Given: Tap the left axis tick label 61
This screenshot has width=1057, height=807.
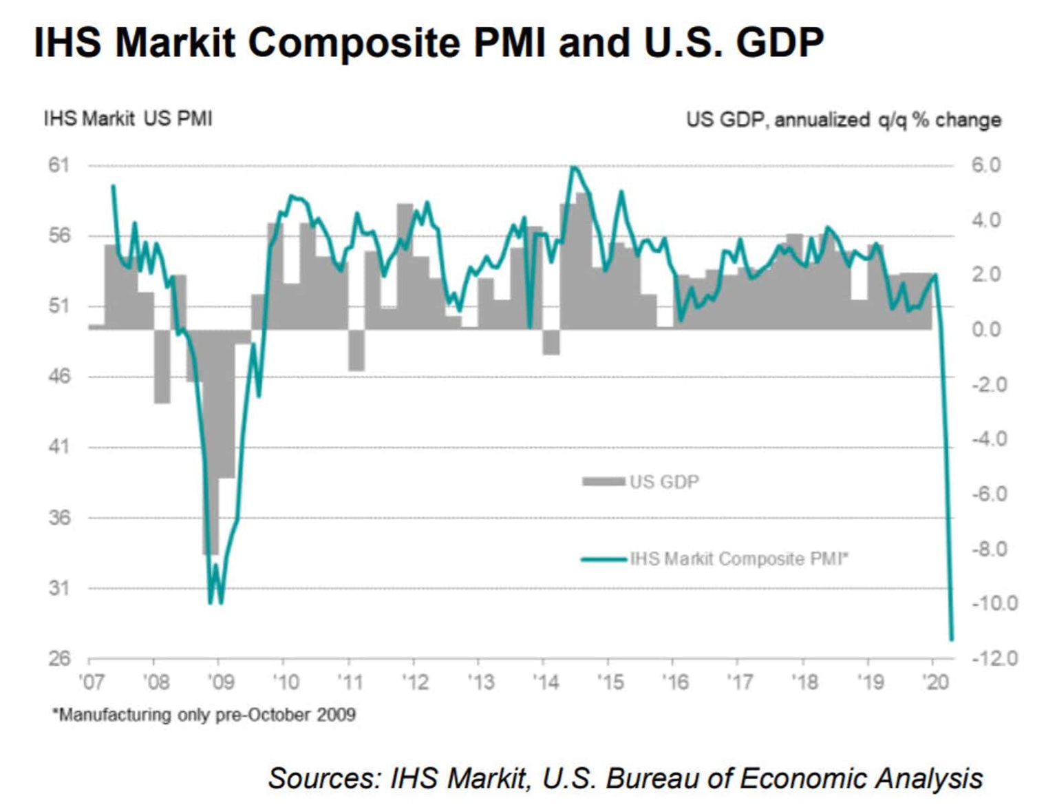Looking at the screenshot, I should click(59, 165).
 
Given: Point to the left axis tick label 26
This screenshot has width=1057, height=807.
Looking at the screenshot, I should click(59, 658).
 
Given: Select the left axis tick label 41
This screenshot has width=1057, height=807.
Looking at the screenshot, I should click(59, 447).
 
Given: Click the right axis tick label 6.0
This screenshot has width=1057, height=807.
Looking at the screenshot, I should click(985, 165).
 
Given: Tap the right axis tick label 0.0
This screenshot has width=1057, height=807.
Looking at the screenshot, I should click(986, 329).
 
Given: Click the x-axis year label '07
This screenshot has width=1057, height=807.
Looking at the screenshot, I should click(92, 682).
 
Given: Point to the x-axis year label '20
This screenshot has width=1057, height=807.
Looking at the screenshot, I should click(935, 682).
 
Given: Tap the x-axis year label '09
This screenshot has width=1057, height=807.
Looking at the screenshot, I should click(221, 682).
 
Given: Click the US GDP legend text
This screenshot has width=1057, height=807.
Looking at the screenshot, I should click(664, 481).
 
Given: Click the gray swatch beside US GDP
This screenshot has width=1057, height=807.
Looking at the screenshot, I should click(604, 481).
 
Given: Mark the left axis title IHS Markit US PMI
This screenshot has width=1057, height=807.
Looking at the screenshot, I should click(128, 118).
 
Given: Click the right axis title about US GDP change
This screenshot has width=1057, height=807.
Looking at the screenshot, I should click(843, 120).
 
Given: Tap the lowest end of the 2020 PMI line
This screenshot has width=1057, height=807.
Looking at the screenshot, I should click(952, 639).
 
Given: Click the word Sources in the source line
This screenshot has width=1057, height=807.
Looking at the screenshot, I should click(324, 778).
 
